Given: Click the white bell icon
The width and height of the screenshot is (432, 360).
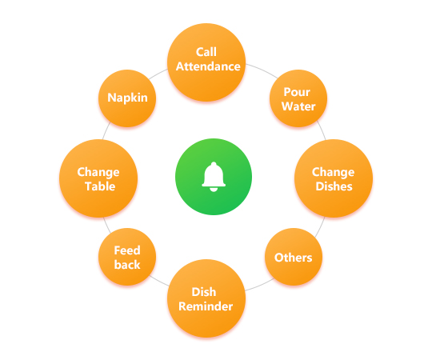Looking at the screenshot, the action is (x=214, y=177).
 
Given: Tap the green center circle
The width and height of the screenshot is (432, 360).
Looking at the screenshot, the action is (x=214, y=177).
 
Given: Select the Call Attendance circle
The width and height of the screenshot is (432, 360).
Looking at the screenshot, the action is (x=206, y=62).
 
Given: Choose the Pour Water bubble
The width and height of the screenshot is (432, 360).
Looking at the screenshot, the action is (x=298, y=98).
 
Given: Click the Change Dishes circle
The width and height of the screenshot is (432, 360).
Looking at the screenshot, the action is (x=334, y=178).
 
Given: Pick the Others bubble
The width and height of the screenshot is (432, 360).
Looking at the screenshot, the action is (x=294, y=257).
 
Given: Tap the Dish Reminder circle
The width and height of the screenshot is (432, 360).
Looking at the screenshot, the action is (x=206, y=298).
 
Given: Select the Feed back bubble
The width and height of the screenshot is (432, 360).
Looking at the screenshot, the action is (x=127, y=257).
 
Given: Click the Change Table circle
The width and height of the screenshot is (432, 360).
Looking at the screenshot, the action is (x=98, y=178).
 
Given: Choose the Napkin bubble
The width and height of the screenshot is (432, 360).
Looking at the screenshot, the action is (x=127, y=98).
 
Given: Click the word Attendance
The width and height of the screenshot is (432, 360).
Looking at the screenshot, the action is (x=208, y=66).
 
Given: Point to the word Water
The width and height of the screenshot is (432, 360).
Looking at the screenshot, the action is (x=298, y=106).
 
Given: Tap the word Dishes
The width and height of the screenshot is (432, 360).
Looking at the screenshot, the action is (x=334, y=186).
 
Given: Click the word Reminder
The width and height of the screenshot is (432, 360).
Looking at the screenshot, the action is (x=206, y=306).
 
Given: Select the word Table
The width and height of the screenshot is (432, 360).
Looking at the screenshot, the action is (x=100, y=186).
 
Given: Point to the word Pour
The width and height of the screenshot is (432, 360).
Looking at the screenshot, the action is (x=297, y=92).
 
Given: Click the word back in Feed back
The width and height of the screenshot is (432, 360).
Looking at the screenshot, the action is (x=127, y=265).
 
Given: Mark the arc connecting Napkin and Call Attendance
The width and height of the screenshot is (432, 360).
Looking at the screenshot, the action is (x=158, y=74).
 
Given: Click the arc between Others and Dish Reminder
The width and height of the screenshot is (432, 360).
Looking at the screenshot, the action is (x=260, y=285).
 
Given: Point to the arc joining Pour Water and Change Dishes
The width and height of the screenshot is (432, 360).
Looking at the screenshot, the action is (x=322, y=130).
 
